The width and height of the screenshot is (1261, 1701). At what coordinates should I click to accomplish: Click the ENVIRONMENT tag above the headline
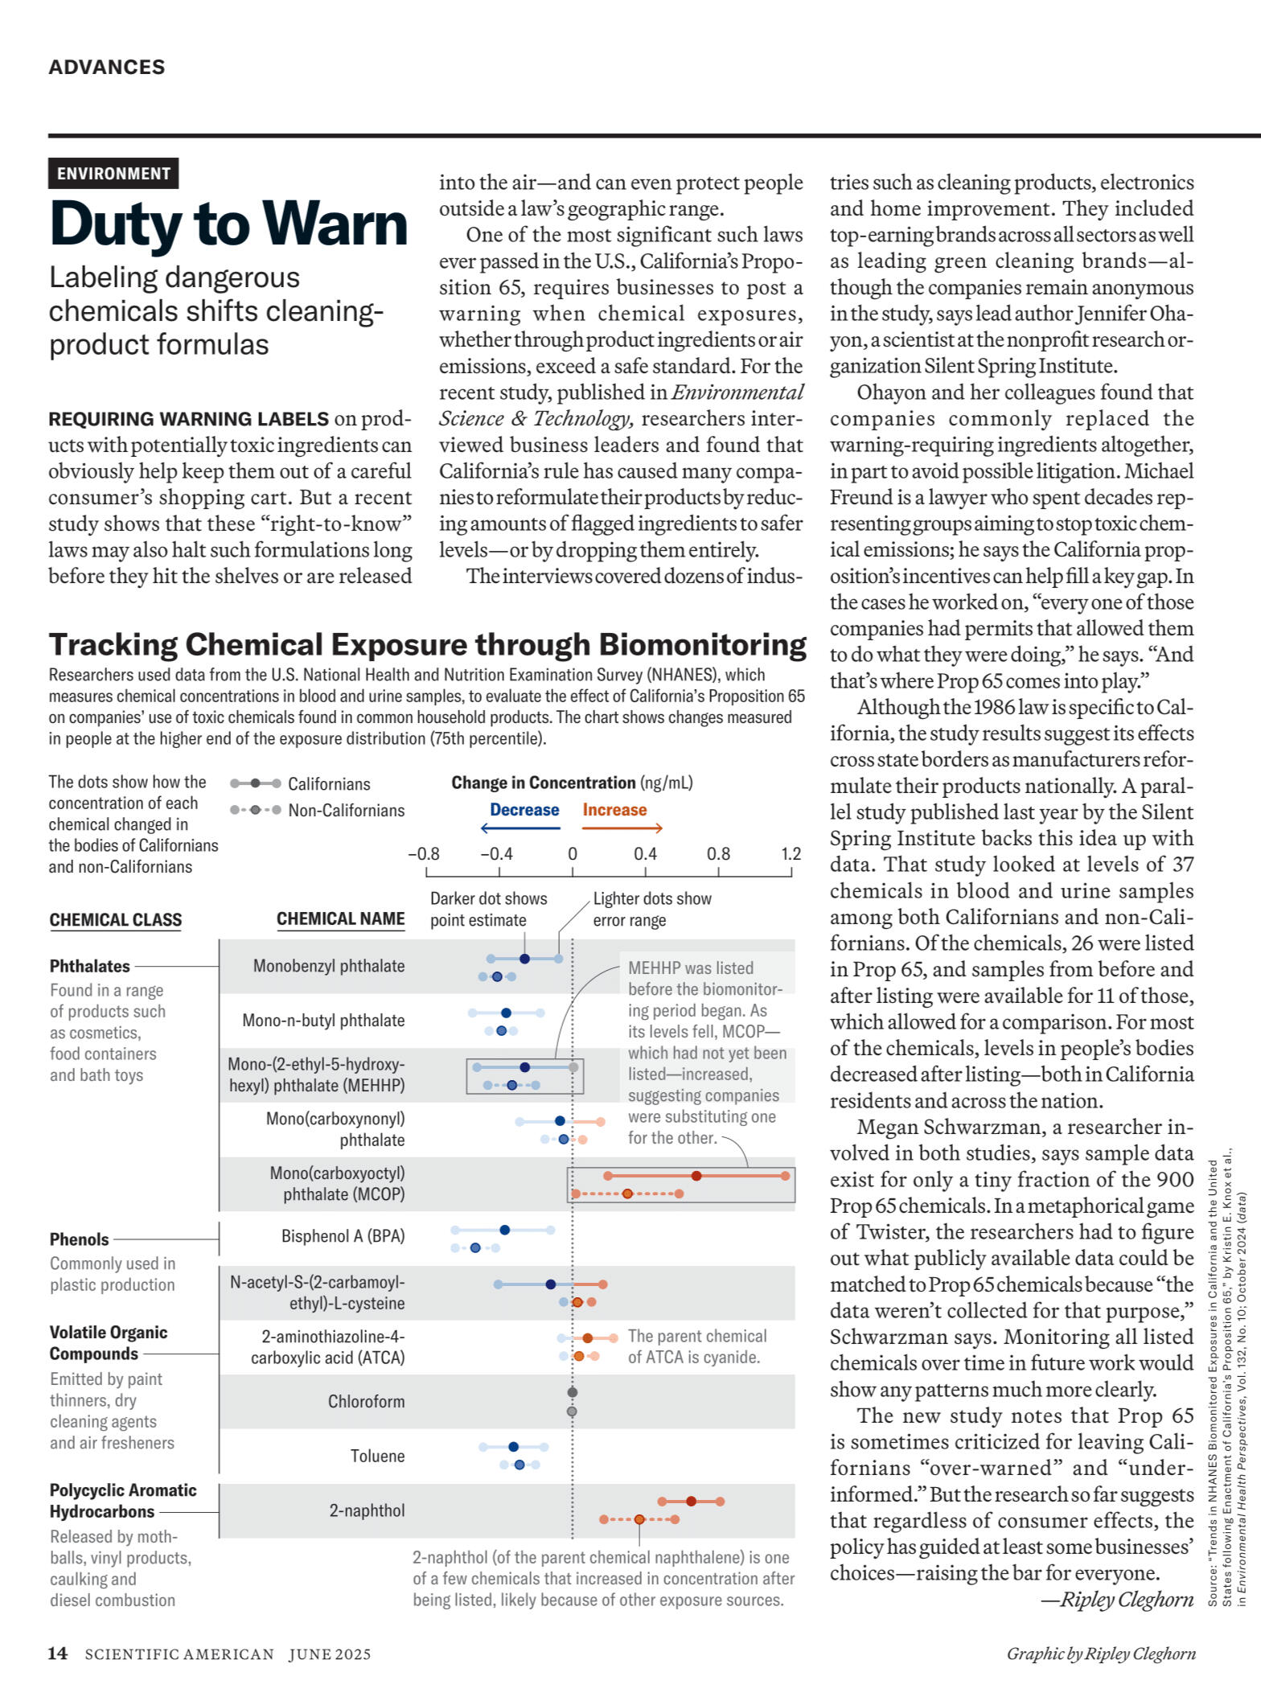(x=113, y=174)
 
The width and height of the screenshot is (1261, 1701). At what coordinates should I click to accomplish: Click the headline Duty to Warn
(x=228, y=224)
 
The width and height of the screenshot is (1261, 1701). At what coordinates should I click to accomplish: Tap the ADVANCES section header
(x=106, y=67)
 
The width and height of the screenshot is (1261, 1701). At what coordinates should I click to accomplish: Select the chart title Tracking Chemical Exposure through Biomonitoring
(x=427, y=645)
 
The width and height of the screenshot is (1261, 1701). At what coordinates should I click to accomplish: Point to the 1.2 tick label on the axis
(x=791, y=854)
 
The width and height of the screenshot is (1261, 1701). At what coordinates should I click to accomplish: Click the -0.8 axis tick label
(x=424, y=854)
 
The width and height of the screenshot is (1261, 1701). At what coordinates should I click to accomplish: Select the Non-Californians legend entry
(x=346, y=811)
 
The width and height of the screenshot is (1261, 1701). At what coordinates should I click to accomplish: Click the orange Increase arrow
(x=622, y=828)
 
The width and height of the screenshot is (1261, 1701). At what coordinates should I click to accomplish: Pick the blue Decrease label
(x=524, y=810)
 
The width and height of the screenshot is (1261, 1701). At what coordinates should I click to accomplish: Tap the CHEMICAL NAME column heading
(x=340, y=919)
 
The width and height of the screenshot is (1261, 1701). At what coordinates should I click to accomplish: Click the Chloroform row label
(x=366, y=1402)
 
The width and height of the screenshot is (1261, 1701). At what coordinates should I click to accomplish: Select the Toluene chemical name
(x=377, y=1456)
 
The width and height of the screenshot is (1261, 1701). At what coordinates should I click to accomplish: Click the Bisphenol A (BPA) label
(x=343, y=1236)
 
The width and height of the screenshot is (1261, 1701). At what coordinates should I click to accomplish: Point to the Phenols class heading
(x=79, y=1239)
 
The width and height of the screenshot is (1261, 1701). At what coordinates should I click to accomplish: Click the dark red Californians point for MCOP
(x=696, y=1176)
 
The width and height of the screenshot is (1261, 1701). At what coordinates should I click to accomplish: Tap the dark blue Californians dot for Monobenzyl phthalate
(x=524, y=959)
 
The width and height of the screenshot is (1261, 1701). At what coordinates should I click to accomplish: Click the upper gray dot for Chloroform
(x=573, y=1392)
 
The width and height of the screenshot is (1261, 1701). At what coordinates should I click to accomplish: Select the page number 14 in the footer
(x=57, y=1654)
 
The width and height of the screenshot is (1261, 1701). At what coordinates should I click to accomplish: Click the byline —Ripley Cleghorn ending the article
(x=1117, y=1600)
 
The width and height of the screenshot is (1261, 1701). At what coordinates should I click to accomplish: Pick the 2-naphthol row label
(x=367, y=1510)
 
